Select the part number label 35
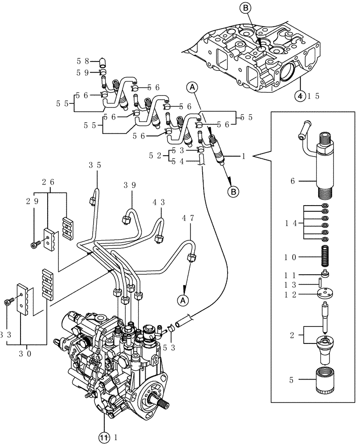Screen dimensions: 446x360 [x=94, y=165]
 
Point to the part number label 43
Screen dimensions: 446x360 [x=159, y=201]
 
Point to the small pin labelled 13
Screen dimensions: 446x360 [x=320, y=283]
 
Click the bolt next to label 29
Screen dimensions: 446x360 [x=35, y=244]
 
